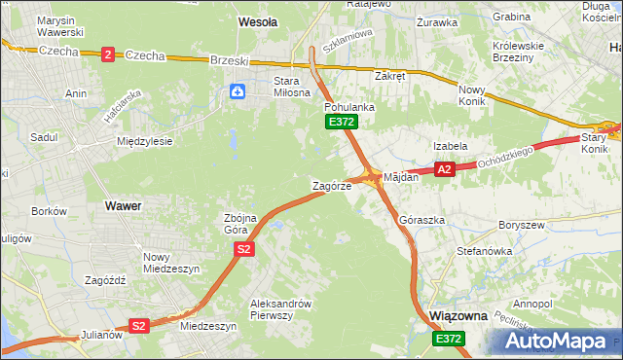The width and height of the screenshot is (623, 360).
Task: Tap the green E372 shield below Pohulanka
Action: [342, 122]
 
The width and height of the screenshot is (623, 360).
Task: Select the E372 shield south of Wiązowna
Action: [449, 338]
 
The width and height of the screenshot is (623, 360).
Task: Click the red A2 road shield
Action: [445, 169]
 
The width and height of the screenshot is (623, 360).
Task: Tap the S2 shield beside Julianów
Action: [139, 326]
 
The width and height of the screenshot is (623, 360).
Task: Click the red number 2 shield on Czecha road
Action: [107, 55]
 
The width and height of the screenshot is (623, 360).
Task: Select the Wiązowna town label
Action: [459, 316]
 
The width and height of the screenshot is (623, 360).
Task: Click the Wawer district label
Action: [123, 206]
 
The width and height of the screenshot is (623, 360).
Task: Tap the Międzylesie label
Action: [144, 141]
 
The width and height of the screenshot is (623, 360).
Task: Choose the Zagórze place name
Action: [331, 186]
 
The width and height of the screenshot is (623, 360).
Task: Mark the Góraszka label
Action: [422, 221]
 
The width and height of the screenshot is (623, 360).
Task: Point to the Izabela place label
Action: [451, 146]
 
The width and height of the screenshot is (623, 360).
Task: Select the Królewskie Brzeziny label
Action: [522, 51]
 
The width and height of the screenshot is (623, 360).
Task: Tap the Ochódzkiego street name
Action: [504, 156]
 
